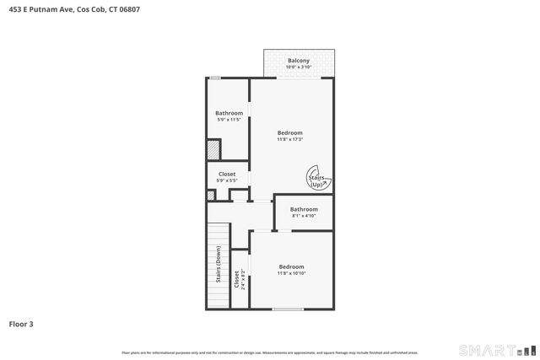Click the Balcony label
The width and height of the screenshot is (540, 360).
point(298,61)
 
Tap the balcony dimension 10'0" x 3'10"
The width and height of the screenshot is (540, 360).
point(298,67)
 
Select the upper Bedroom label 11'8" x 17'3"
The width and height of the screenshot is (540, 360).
point(290,132)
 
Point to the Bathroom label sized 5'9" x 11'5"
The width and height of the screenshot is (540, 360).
point(229,113)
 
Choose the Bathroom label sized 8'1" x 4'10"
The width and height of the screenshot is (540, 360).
point(304,209)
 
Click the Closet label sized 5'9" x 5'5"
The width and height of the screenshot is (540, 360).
point(227,175)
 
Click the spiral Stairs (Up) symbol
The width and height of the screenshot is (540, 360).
point(320,180)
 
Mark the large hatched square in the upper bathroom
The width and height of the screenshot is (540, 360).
point(214,149)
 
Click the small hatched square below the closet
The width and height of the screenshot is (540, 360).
point(210,196)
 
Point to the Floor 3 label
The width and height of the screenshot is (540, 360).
point(21,324)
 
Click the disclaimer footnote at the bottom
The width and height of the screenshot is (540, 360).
point(270,352)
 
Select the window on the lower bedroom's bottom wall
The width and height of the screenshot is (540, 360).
point(288,309)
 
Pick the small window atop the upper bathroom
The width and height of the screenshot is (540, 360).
point(216,78)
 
